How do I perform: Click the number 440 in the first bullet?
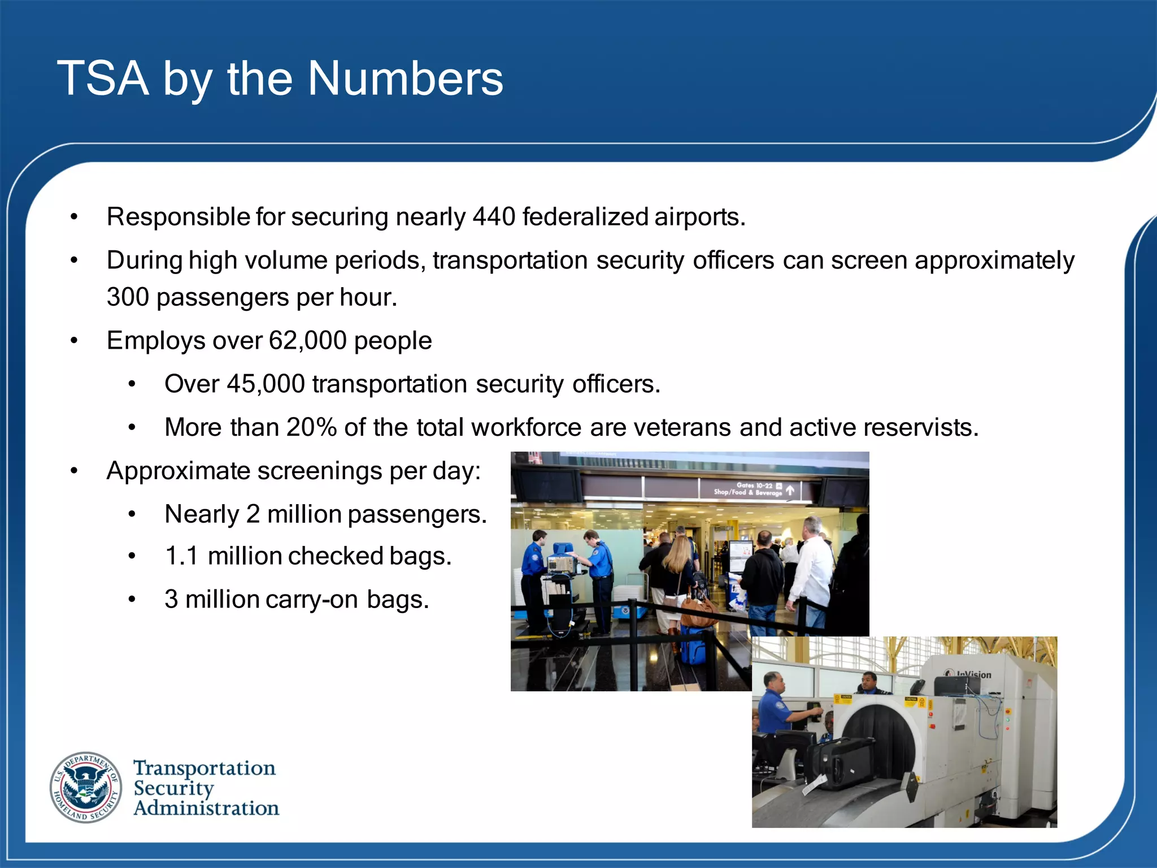tap(494, 217)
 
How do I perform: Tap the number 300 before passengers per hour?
tap(128, 297)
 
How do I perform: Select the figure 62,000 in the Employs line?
tap(307, 341)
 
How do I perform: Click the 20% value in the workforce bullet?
tap(311, 428)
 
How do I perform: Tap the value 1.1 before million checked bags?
tap(182, 556)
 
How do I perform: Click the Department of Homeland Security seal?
tap(86, 787)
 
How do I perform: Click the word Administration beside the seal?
tap(206, 808)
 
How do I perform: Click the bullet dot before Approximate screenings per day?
tap(74, 471)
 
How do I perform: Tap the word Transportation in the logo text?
tap(205, 768)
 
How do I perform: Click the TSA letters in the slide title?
tap(103, 79)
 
